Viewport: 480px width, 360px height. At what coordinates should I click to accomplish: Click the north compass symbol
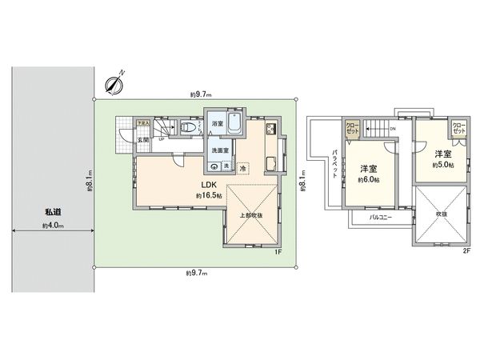tap(115, 82)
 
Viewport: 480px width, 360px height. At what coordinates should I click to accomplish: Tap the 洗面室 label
tap(220, 150)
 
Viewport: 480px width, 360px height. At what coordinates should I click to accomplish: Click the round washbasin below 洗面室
tap(214, 166)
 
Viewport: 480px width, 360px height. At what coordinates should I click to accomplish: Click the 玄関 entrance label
tap(142, 140)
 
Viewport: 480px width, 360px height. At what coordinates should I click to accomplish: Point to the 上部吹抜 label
tap(250, 215)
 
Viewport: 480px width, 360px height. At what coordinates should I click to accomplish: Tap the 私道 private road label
tap(54, 212)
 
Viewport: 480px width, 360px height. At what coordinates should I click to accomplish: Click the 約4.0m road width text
tap(54, 226)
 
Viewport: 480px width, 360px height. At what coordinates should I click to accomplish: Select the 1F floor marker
tap(278, 253)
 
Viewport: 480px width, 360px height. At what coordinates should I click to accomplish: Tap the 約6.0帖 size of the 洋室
tap(368, 180)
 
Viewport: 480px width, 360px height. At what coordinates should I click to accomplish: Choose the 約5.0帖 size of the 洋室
tap(442, 165)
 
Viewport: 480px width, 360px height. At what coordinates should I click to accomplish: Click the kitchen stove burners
tap(270, 130)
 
